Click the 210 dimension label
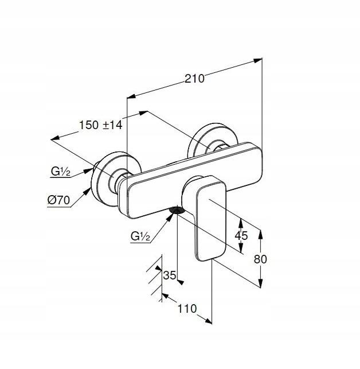click(194, 79)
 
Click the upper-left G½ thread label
click(60, 171)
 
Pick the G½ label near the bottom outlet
click(140, 236)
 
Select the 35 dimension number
click(169, 275)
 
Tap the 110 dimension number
click(187, 309)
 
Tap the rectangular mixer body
click(189, 178)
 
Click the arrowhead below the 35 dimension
click(181, 281)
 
